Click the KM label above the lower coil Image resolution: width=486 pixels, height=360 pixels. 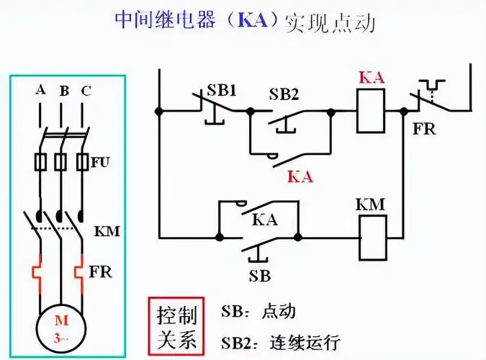click(x=371, y=204)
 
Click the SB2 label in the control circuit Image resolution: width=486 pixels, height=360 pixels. click(x=285, y=94)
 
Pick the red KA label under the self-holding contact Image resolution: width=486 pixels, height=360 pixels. click(x=300, y=176)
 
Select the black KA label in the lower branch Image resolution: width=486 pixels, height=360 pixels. click(x=265, y=221)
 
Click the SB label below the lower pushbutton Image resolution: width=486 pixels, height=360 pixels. click(x=260, y=275)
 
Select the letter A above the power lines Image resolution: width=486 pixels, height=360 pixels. click(x=40, y=90)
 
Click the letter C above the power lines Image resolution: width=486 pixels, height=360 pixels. click(x=86, y=90)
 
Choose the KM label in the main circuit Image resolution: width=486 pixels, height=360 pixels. click(x=107, y=232)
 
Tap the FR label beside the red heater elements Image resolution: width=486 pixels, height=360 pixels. click(x=101, y=273)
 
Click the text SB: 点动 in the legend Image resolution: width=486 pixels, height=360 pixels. click(x=258, y=312)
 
